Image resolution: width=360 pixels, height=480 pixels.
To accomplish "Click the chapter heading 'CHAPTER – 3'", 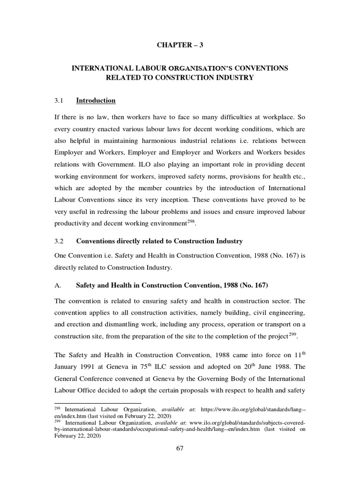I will pyautogui.click(x=180, y=45).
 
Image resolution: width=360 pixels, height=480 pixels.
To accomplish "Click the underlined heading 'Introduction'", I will pyautogui.click(x=96, y=100).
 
